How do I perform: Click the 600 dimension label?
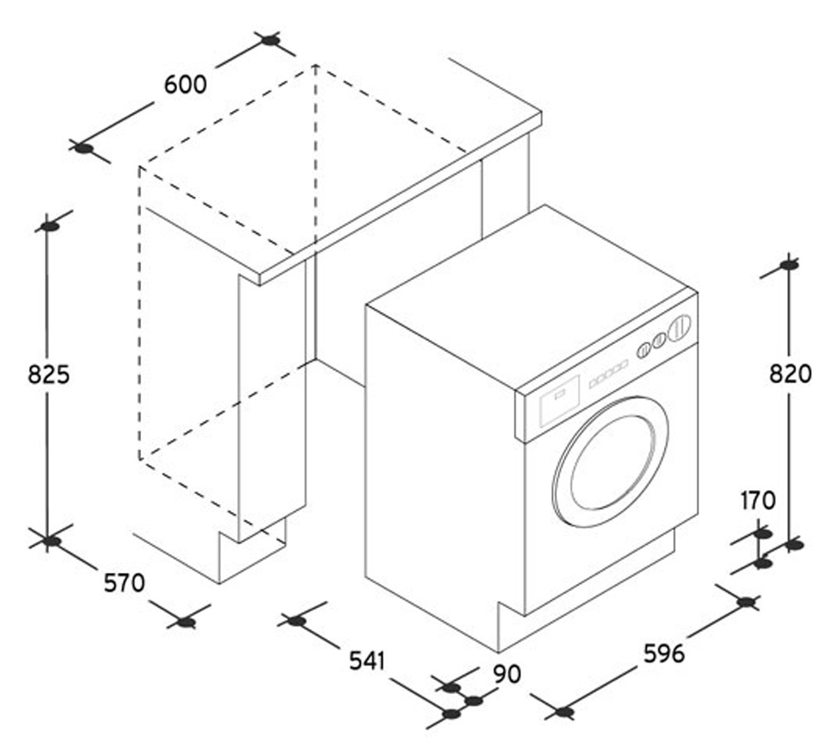185,85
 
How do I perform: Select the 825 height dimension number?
48,375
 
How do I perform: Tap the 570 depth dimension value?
124,583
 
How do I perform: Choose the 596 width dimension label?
664,653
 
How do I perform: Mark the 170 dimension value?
757,500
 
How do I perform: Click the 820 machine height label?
789,374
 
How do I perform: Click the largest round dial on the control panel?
681,328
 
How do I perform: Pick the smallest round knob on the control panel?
642,351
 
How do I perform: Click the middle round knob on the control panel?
659,341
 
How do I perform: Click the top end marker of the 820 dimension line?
789,265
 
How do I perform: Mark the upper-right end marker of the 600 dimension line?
269,40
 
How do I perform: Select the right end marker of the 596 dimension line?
747,602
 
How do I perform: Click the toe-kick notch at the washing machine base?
510,624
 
